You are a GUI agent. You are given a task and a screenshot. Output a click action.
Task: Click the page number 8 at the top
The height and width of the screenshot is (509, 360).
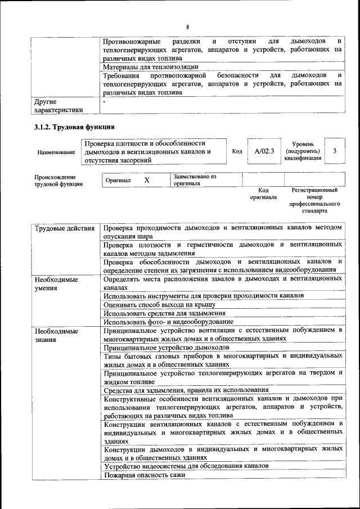coord(188,28)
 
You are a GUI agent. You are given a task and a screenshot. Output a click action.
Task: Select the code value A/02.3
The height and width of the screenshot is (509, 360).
coord(264,151)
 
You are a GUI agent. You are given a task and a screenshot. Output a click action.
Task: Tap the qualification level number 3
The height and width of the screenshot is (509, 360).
coord(335,151)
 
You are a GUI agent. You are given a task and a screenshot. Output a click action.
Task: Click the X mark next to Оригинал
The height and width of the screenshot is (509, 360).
coord(147,180)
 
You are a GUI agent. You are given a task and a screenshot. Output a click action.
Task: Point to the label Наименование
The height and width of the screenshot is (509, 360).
coord(56,152)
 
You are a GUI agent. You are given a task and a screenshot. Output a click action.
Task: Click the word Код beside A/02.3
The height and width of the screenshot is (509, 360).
coord(237,151)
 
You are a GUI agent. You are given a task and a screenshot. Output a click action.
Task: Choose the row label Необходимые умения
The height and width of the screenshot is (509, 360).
coord(56,283)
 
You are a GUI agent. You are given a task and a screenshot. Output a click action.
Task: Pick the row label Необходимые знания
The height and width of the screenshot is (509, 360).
coord(56,335)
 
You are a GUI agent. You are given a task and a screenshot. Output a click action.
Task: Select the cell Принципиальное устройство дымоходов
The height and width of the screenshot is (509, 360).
coord(160,348)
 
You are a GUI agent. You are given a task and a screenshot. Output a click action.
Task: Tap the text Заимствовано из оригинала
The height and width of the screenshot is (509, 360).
coord(195,180)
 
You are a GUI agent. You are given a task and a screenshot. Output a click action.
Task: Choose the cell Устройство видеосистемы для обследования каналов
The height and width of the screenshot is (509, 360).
coord(186,466)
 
